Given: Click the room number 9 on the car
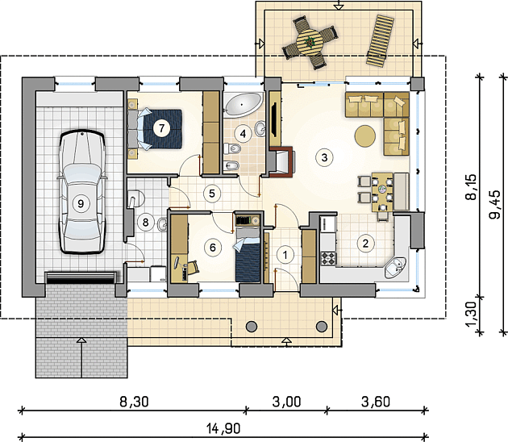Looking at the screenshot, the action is coord(81,203).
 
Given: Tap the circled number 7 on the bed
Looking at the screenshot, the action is coord(161,128).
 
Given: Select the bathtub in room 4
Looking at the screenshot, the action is coord(244,104).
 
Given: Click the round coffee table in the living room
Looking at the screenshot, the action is coord(365,136).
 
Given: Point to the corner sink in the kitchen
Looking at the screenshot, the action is coord(394,268).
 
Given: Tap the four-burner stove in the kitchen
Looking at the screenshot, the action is coord(328,258).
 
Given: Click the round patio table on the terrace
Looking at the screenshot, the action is coord(310,42).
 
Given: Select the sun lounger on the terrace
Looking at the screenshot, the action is coord(380,41).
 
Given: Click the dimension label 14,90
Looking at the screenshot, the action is coord(223,428).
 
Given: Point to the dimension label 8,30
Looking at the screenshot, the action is coord(134,402).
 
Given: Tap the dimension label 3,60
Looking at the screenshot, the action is coord(376,402).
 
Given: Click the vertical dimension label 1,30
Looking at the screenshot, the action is coord(472,315).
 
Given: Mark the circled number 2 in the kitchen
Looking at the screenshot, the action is coord(365,243).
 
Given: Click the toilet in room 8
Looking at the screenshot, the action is coord(135,198).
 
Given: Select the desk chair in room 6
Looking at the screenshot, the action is coord(194,266).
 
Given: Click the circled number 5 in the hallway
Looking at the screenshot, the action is coord(212,194).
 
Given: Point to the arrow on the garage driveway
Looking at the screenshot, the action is coord(81,357).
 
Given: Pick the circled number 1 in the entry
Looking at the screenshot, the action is coord(285,255).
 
